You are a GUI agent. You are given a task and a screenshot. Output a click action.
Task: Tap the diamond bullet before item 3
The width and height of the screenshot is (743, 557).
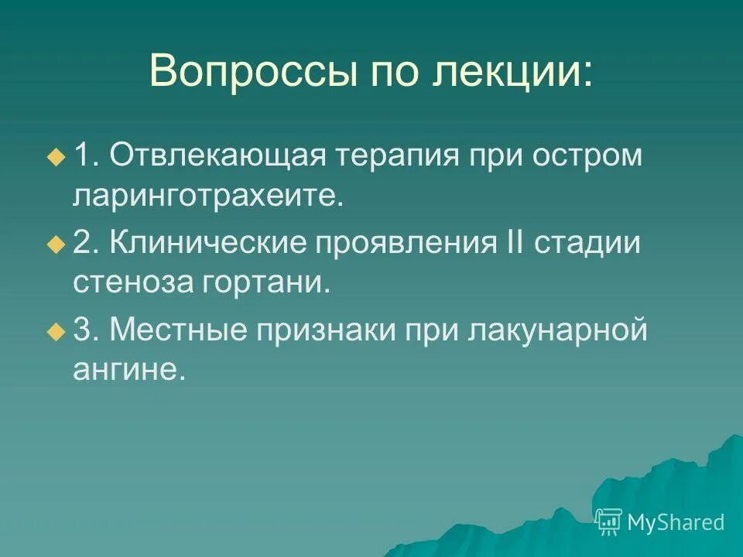tap(55, 332)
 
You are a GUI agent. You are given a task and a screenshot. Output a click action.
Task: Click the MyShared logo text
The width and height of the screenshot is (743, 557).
tap(675, 522)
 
